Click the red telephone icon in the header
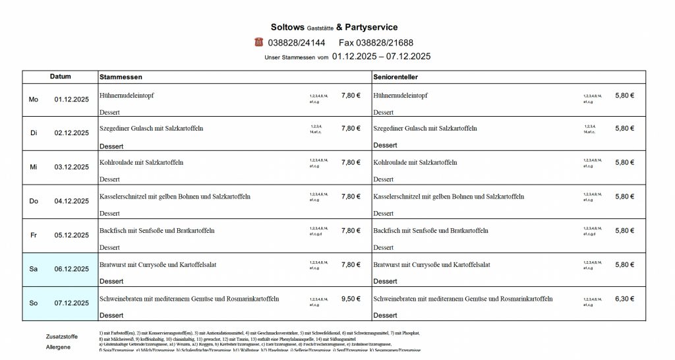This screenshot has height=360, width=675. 258,42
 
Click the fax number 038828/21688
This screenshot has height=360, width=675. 380,43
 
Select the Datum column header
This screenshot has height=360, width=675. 60,76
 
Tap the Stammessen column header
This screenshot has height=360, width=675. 121,77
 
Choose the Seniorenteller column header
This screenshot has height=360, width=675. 396,77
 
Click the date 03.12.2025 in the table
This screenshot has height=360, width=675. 71,167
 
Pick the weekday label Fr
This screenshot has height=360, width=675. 34,235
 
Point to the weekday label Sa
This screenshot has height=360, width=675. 34,269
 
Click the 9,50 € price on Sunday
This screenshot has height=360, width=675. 351,299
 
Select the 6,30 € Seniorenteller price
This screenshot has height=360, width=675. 624,299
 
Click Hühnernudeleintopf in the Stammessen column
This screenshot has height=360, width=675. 127,96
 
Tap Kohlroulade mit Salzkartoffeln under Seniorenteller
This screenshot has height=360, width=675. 415,162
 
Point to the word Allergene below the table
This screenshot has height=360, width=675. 57,347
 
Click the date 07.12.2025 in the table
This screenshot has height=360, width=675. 71,303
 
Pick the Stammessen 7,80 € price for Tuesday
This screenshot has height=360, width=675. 351,129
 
